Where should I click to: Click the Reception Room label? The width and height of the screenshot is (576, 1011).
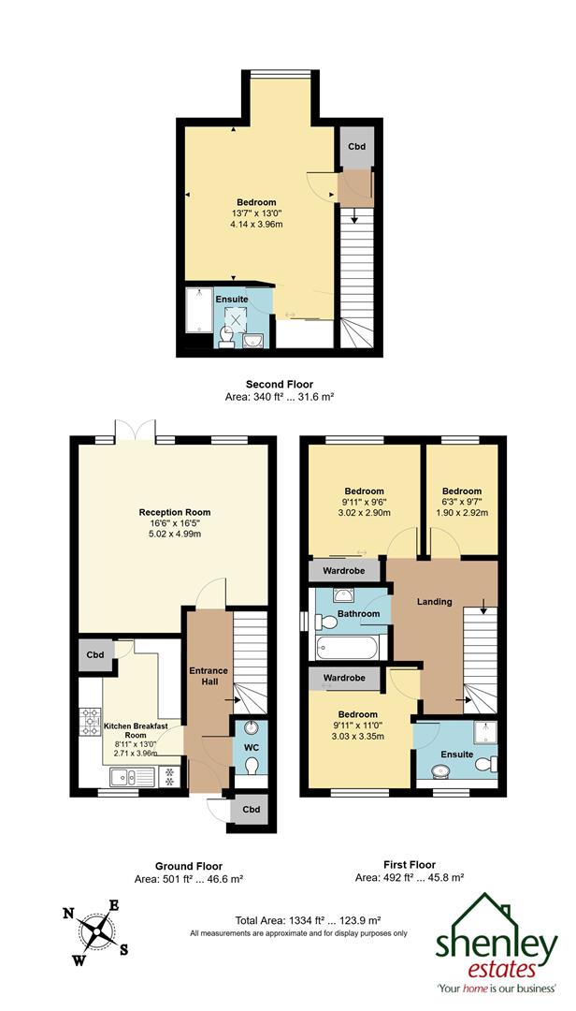pyautogui.click(x=175, y=512)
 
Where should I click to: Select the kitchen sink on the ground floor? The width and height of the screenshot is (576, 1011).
pyautogui.click(x=124, y=775)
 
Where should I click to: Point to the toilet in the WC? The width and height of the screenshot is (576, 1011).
pyautogui.click(x=250, y=766)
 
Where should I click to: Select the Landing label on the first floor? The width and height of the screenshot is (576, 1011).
pyautogui.click(x=434, y=601)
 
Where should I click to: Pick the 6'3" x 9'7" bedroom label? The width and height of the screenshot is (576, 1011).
pyautogui.click(x=461, y=491)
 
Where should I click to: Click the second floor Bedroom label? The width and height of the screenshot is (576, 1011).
pyautogui.click(x=256, y=203)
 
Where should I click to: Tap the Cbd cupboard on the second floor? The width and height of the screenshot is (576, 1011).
pyautogui.click(x=355, y=147)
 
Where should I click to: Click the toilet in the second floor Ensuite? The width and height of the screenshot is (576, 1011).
pyautogui.click(x=226, y=336)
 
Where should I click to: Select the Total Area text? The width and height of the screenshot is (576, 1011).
pyautogui.click(x=299, y=921)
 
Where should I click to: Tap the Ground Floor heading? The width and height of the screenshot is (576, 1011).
pyautogui.click(x=190, y=866)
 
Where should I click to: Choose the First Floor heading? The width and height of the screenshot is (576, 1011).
pyautogui.click(x=409, y=864)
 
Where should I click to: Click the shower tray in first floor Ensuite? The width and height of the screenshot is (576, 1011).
pyautogui.click(x=482, y=732)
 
